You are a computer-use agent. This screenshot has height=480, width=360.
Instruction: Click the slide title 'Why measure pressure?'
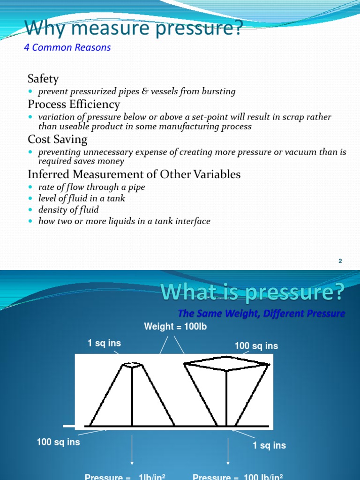(x=134, y=28)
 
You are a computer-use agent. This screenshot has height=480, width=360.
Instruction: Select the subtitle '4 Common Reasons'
(x=67, y=47)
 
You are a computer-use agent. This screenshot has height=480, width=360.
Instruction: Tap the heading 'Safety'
(x=43, y=78)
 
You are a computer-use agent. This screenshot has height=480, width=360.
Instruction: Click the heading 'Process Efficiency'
(x=74, y=104)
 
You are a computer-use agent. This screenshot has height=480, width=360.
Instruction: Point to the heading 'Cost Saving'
(x=57, y=139)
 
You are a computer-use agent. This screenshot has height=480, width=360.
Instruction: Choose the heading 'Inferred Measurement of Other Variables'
(x=134, y=174)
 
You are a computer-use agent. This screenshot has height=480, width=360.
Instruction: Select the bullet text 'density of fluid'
(x=68, y=210)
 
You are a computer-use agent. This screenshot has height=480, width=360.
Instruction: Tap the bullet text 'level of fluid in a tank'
(x=82, y=198)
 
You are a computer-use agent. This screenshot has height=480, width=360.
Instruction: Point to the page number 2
(x=340, y=261)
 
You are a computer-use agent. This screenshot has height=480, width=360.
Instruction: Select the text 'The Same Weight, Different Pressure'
(x=262, y=314)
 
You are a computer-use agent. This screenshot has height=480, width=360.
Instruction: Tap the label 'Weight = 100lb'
(x=175, y=327)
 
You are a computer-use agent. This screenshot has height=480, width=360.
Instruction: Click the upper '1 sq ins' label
(x=104, y=343)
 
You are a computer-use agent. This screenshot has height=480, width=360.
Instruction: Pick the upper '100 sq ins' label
(x=256, y=346)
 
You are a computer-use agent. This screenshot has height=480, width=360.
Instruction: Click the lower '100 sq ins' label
(x=58, y=442)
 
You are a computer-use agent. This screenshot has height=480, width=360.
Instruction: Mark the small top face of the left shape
(x=132, y=365)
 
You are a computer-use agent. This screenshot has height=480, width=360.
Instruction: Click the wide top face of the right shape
(x=227, y=364)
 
